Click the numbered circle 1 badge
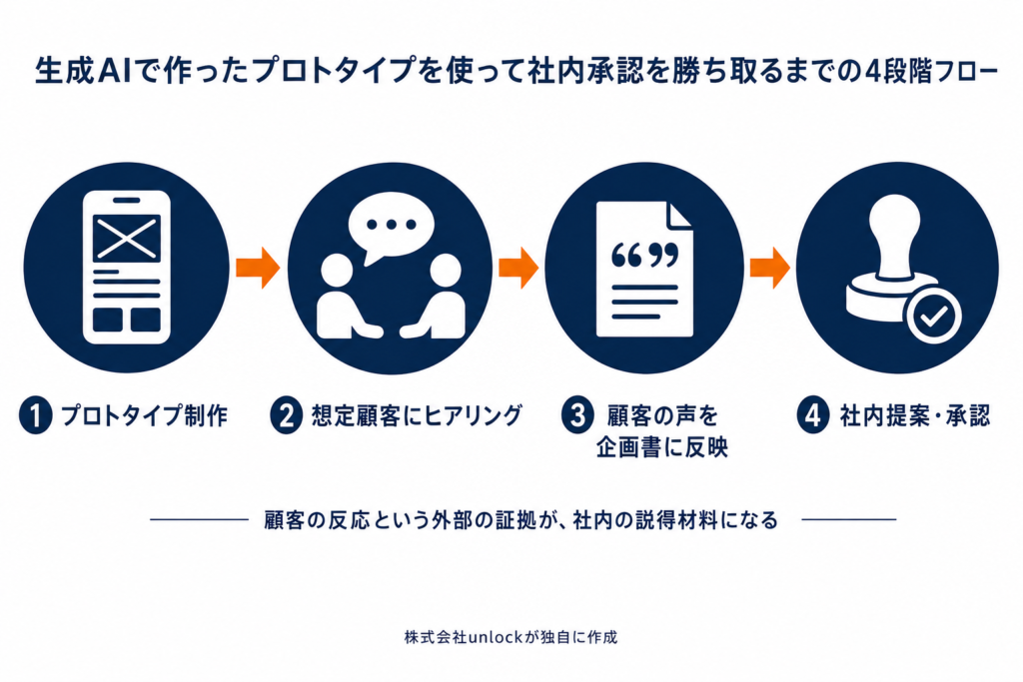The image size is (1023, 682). click(35, 415)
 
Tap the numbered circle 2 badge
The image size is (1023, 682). click(287, 415)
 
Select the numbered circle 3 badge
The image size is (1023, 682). click(577, 415)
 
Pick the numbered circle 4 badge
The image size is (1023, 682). click(813, 415)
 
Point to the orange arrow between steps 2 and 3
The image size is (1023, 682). click(518, 268)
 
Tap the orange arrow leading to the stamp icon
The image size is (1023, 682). click(770, 268)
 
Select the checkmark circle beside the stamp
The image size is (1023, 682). click(934, 317)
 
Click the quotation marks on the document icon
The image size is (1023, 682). click(644, 255)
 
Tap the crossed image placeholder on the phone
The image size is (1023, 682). click(127, 239)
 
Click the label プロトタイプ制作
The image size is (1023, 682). click(144, 415)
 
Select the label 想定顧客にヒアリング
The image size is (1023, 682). click(417, 415)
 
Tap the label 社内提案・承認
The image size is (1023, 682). click(915, 415)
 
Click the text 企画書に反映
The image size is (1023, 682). click(661, 448)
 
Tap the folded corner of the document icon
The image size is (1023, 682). click(679, 215)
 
